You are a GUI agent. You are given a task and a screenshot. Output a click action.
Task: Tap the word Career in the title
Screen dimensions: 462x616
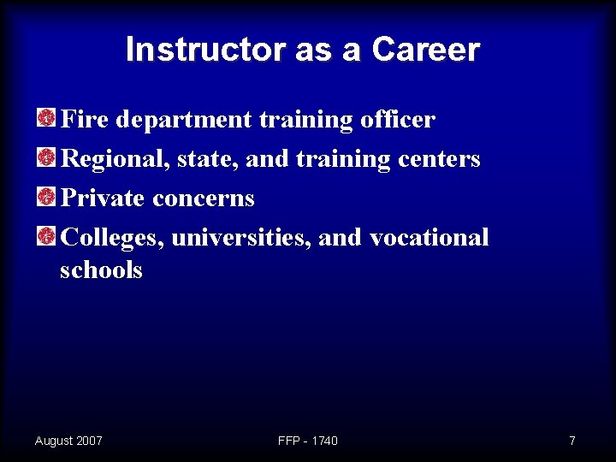click(x=425, y=50)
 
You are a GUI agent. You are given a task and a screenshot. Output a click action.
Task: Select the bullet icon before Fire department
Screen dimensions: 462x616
click(x=47, y=118)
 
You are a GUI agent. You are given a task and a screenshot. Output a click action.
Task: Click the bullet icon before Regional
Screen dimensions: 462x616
click(x=47, y=157)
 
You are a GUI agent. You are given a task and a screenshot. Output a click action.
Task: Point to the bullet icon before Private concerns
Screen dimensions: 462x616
click(x=47, y=197)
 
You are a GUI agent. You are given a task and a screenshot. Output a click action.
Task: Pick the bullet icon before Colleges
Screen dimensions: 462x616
click(x=47, y=236)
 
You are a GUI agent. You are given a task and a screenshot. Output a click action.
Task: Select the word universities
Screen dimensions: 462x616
click(x=241, y=237)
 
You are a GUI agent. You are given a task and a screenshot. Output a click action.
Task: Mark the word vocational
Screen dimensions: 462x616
click(x=429, y=237)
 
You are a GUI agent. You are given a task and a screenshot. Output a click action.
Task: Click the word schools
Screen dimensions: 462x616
click(x=101, y=270)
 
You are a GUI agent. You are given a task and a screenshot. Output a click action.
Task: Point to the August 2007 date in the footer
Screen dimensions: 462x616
click(x=68, y=441)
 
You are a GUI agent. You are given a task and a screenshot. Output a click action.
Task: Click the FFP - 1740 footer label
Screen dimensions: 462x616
click(x=308, y=441)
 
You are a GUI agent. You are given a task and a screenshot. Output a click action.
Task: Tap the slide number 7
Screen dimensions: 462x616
click(x=572, y=441)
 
